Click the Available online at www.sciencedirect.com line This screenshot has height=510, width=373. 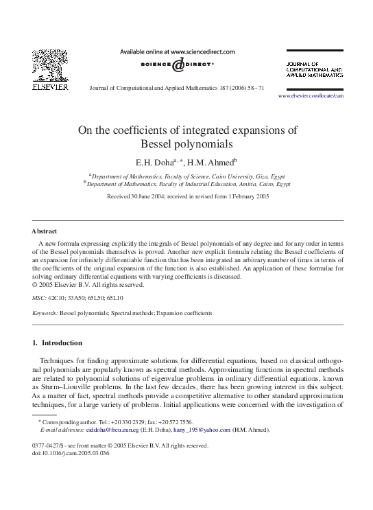click(178, 51)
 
